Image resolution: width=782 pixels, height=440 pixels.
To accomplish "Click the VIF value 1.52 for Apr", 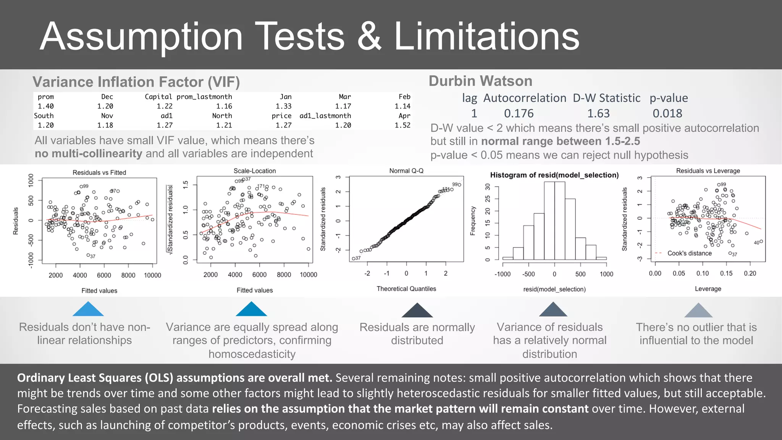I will click(x=402, y=125).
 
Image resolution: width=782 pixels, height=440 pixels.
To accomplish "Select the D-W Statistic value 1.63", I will click(x=598, y=113).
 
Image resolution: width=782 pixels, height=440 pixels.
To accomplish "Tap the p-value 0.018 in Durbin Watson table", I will click(x=667, y=113).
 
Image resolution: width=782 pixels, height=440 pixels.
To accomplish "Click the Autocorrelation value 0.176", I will click(x=519, y=113).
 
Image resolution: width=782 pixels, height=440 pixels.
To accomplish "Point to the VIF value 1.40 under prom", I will click(x=45, y=106).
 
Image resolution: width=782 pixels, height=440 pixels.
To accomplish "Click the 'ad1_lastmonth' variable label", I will click(x=325, y=116).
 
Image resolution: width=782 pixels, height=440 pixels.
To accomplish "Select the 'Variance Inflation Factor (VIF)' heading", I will click(x=136, y=82).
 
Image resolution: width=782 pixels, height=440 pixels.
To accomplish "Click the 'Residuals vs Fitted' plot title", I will click(x=99, y=173).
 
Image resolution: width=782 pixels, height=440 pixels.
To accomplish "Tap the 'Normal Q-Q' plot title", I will click(x=406, y=171).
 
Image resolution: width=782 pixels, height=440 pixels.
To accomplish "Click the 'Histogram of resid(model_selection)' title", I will click(x=554, y=175).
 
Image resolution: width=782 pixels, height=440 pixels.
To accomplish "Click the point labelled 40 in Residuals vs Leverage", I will click(x=761, y=241).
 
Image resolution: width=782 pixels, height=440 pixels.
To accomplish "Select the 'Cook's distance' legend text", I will click(x=689, y=253).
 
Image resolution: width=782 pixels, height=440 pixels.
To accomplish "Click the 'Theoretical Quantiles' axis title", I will click(x=406, y=289).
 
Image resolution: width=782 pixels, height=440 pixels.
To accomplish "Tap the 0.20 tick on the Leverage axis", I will click(x=750, y=273).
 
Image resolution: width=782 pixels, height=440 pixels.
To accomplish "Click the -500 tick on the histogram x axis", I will click(x=528, y=274).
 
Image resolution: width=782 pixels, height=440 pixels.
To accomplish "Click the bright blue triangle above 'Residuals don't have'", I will click(x=88, y=310).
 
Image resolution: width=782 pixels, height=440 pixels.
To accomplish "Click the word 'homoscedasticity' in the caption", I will click(x=252, y=354).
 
